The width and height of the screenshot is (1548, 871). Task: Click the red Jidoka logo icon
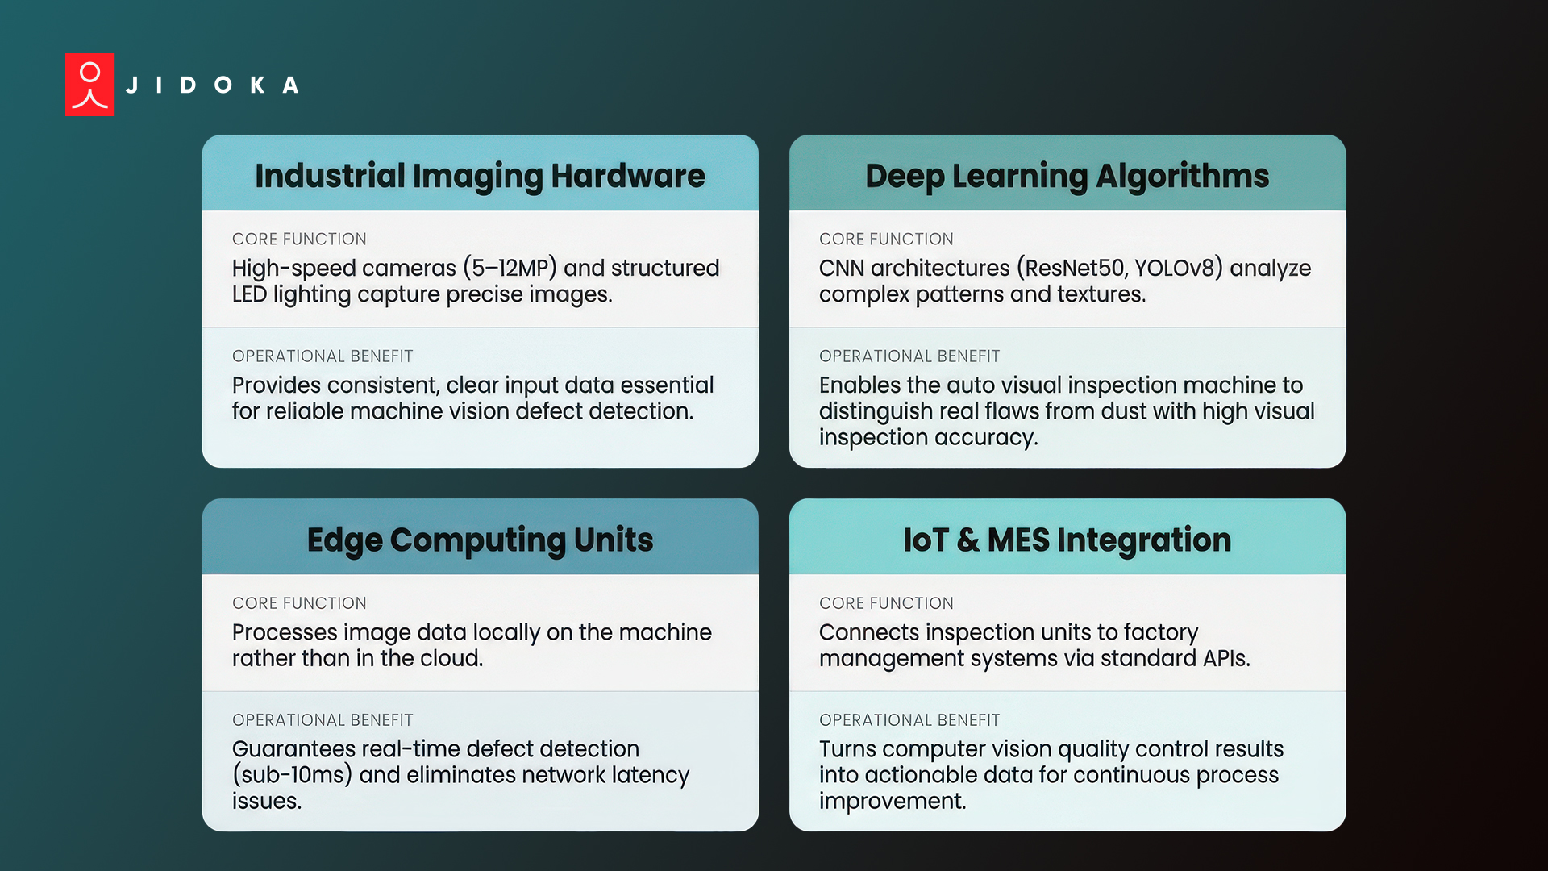89,85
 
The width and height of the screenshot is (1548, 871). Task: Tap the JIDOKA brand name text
213,85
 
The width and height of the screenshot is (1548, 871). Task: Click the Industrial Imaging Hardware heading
480,176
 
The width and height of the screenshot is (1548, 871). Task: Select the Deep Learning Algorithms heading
1067,176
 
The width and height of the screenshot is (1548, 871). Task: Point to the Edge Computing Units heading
480,540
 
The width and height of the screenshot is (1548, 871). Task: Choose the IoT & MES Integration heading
1067,540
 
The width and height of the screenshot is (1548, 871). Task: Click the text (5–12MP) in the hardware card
510,268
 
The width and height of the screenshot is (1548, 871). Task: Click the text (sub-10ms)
292,775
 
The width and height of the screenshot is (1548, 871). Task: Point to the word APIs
1225,659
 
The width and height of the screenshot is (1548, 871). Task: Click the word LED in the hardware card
249,294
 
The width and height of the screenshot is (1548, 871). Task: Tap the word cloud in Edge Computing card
450,659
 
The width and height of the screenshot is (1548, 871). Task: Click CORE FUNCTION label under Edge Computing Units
299,603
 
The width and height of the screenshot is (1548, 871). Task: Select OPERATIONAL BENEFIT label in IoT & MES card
909,720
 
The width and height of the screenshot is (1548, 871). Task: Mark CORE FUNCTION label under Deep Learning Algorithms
886,240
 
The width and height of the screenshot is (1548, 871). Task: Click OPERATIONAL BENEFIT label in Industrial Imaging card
322,356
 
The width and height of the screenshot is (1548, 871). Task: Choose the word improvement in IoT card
892,801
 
